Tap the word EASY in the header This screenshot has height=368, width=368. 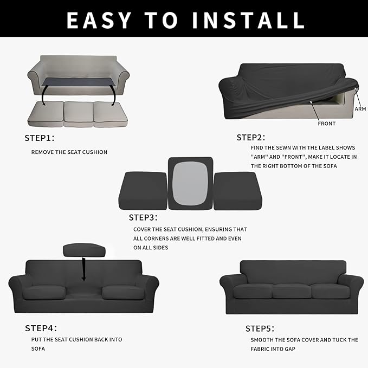click(x=99, y=20)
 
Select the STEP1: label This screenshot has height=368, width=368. click(x=40, y=138)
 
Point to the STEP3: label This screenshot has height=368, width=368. click(x=143, y=218)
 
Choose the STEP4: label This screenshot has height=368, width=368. click(x=41, y=328)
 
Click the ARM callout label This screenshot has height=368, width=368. click(x=360, y=109)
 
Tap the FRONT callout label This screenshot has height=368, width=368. click(x=326, y=124)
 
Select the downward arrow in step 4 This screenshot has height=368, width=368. click(x=84, y=269)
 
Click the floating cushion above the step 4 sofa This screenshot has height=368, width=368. click(x=84, y=250)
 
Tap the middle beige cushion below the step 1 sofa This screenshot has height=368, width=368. click(x=78, y=112)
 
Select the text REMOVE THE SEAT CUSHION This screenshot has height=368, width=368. click(x=69, y=152)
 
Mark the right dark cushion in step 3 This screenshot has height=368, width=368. click(x=237, y=190)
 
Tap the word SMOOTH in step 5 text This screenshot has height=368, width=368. click(x=263, y=340)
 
